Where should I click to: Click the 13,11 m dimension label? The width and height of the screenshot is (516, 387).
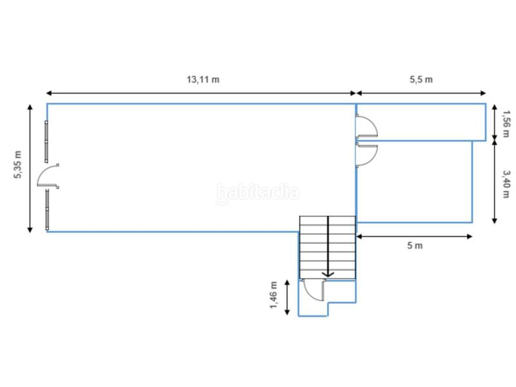(x=203, y=79)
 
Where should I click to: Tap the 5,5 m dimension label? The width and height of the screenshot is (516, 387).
(x=421, y=79)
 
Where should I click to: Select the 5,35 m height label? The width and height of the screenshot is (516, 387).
(x=18, y=164)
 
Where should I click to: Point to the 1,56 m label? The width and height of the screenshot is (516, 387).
(x=506, y=124)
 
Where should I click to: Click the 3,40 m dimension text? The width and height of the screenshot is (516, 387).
(x=506, y=184)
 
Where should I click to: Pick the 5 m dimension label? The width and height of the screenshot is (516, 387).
(x=415, y=246)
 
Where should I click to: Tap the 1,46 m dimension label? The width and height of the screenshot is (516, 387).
(x=273, y=295)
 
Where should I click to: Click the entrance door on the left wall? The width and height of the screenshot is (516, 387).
(x=48, y=176)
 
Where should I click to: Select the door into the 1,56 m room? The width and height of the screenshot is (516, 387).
(x=366, y=126)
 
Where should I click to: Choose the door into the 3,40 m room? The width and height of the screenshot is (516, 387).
(x=366, y=155)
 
